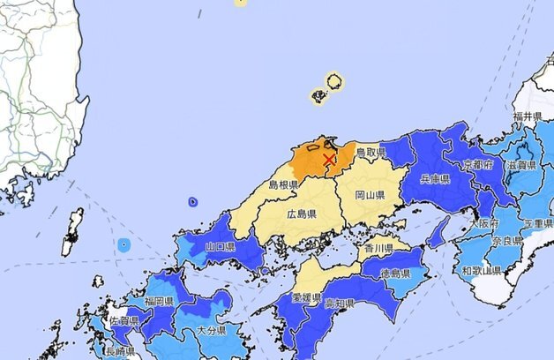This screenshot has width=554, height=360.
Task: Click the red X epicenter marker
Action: (329, 159)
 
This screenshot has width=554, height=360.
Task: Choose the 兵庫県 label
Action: (435, 179)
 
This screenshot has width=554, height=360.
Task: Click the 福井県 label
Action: (527, 116)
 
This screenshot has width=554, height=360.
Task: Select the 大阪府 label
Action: (480, 224)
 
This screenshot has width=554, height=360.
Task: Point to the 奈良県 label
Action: (507, 241)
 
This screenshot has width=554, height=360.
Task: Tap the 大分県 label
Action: (212, 330)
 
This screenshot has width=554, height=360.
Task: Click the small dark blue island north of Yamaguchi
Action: (193, 202)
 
